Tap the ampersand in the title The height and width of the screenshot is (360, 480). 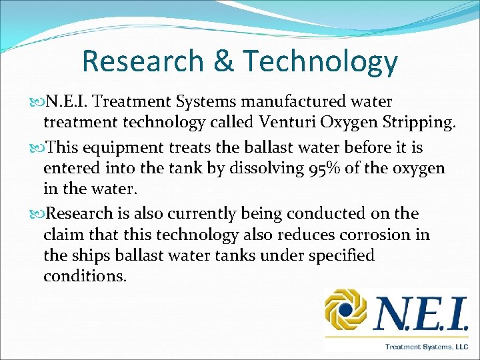click(223, 61)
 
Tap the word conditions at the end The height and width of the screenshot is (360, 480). click(84, 275)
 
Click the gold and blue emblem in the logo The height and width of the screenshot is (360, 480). click(346, 310)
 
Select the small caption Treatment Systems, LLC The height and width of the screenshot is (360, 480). click(426, 346)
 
